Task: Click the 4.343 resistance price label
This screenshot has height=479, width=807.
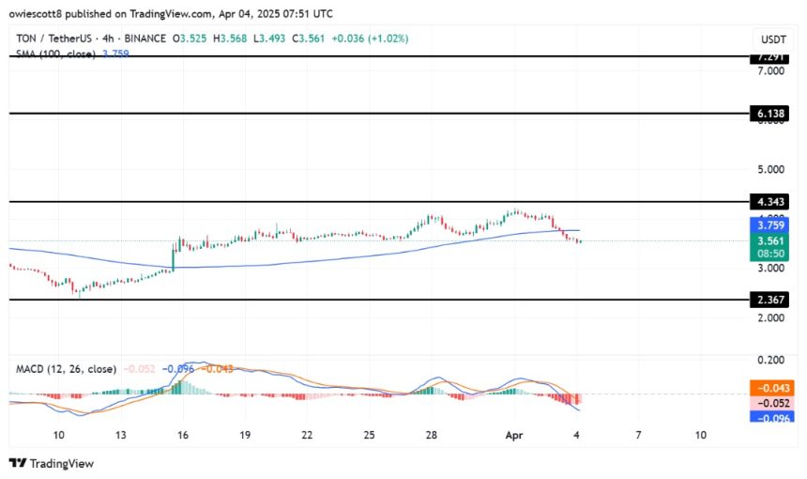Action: pyautogui.click(x=773, y=202)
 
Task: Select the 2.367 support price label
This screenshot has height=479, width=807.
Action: pyautogui.click(x=773, y=301)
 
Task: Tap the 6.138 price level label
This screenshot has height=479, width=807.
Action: pyautogui.click(x=773, y=114)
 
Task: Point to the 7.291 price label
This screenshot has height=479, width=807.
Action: pyautogui.click(x=773, y=58)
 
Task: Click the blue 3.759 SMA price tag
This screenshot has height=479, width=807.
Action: pyautogui.click(x=773, y=225)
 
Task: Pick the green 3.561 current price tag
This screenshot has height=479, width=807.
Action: pyautogui.click(x=773, y=240)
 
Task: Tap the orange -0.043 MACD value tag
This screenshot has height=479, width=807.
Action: pyautogui.click(x=773, y=387)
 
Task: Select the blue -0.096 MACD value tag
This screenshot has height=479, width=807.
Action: pyautogui.click(x=773, y=417)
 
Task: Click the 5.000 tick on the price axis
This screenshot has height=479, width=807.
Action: pyautogui.click(x=769, y=170)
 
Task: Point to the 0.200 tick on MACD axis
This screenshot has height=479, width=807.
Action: pyautogui.click(x=769, y=360)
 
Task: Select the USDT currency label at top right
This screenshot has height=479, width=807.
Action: pyautogui.click(x=771, y=39)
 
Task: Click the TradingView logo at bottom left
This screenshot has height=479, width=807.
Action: pyautogui.click(x=51, y=463)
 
